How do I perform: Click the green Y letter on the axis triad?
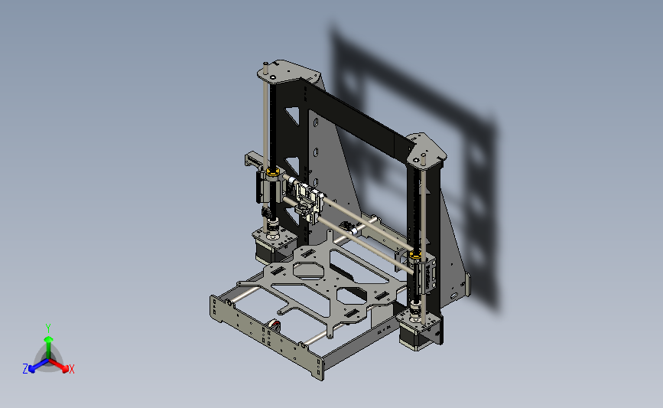tap(48, 328)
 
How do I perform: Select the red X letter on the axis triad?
tap(71, 369)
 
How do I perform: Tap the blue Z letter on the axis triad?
tap(25, 369)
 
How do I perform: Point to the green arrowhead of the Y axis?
tap(49, 339)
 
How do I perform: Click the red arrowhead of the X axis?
tap(65, 369)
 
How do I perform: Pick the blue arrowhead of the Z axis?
tap(31, 369)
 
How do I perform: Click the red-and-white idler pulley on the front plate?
tap(275, 326)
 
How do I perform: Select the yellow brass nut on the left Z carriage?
tap(273, 171)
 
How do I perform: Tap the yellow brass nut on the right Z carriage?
tap(414, 254)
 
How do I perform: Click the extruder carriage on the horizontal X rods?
tap(310, 202)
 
